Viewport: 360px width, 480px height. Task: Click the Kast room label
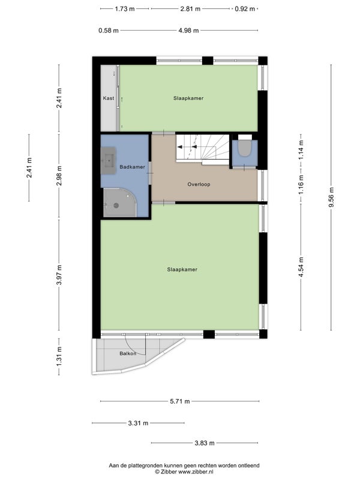[x=109, y=98]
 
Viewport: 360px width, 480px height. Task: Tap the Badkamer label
[x=132, y=167]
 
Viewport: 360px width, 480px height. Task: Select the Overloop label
[x=199, y=184]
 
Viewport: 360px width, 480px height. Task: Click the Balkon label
[x=128, y=353]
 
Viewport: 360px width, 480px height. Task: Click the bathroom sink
[x=109, y=160]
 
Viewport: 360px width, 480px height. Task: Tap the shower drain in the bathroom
[x=116, y=205]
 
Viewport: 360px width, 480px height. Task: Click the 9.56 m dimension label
[x=331, y=197]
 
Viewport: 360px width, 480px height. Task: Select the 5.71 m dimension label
[x=179, y=401]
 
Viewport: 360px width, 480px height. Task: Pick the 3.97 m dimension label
[x=59, y=275]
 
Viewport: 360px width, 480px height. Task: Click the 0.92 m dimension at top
[x=245, y=9]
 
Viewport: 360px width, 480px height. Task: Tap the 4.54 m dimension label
[x=301, y=267]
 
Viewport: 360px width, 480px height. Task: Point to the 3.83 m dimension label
[x=205, y=443]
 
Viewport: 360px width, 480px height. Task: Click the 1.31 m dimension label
[x=59, y=356]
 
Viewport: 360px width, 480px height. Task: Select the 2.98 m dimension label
[x=59, y=175]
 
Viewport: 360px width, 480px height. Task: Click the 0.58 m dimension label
[x=109, y=31]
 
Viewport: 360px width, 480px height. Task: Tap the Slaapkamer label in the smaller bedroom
[x=188, y=98]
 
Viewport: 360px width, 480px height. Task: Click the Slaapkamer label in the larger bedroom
[x=182, y=269]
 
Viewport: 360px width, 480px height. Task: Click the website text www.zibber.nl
[x=196, y=472]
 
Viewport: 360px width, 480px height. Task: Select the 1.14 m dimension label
[x=301, y=149]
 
